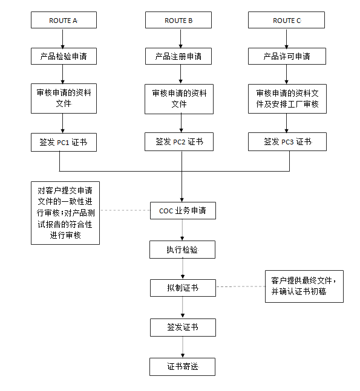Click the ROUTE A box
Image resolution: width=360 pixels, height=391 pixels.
pos(64,20)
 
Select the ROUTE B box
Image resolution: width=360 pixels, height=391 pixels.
pos(178,20)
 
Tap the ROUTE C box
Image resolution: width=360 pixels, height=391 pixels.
pos(286,20)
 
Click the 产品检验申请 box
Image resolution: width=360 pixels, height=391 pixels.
pos(64,56)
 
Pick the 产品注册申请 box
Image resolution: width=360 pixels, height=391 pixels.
pos(178,56)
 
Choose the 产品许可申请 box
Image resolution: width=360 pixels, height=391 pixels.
pos(287,56)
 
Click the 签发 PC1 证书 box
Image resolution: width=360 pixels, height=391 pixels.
pos(64,142)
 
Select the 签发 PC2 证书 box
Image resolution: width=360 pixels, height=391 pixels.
pos(179,141)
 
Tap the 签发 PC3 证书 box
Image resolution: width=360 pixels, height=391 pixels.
pos(287,141)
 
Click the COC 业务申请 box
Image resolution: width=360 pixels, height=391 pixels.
pos(183,211)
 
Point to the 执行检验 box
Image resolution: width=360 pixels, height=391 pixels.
pos(182,250)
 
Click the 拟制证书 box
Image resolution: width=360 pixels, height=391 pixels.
pos(183,288)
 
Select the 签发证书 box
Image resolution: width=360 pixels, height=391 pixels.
pos(183,328)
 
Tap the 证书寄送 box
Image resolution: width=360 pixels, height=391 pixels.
pos(182,367)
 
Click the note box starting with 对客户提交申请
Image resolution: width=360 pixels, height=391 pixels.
pos(65,213)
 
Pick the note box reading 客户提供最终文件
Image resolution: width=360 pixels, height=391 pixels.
pos(304,286)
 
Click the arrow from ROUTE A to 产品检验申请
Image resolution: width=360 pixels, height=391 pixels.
pos(63,38)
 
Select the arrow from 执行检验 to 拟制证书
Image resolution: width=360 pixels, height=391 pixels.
pos(183,269)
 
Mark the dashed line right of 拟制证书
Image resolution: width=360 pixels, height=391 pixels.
pos(240,286)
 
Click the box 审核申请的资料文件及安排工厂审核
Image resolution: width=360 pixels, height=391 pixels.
pos(287,99)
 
